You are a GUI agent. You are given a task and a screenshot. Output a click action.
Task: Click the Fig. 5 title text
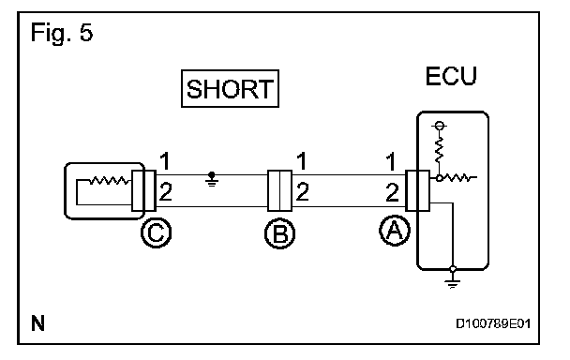[62, 33]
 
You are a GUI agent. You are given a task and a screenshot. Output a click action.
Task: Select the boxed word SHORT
[230, 89]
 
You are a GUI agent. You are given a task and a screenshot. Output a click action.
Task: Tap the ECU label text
[451, 76]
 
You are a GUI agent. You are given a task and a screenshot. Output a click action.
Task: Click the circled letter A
[395, 231]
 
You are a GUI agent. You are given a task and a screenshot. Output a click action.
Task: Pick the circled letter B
[280, 233]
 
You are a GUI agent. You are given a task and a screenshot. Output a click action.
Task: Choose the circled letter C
[156, 232]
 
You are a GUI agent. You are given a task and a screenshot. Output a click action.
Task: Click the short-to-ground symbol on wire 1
[212, 180]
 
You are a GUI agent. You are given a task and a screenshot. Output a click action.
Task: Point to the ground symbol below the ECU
[453, 279]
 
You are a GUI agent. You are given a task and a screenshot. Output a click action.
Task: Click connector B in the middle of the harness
[280, 190]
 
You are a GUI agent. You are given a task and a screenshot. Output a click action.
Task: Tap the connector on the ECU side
[417, 190]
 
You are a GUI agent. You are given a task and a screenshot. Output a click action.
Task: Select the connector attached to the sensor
[144, 190]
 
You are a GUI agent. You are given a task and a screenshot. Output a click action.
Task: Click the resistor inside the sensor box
[109, 180]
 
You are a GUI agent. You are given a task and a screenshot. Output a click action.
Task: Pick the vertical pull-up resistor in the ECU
[439, 149]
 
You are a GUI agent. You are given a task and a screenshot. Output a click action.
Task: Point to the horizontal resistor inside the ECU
[458, 178]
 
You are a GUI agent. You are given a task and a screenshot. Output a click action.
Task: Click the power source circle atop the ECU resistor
[439, 126]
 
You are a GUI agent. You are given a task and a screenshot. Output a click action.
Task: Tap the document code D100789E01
[493, 323]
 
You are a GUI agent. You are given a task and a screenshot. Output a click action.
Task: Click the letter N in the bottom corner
[37, 323]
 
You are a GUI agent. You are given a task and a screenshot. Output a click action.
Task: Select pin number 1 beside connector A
[391, 161]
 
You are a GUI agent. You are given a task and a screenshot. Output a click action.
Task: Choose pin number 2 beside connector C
[165, 192]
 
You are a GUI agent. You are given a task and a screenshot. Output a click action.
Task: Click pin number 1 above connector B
[302, 161]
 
